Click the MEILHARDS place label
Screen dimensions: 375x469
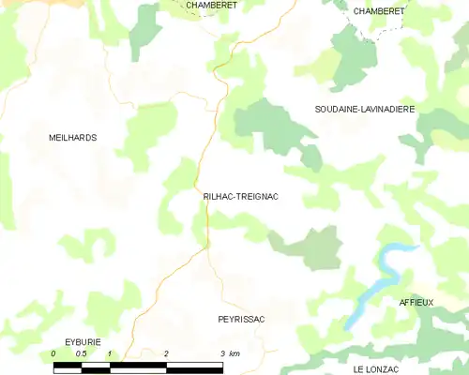[72, 138]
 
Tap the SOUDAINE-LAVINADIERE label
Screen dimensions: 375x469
[364, 110]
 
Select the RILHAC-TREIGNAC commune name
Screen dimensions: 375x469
[240, 197]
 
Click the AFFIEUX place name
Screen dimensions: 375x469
[416, 303]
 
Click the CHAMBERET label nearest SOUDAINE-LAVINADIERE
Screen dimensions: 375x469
[379, 10]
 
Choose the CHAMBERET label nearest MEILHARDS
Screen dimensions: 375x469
[211, 5]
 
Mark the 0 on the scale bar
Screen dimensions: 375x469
[53, 352]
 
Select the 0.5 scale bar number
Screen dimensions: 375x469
[82, 352]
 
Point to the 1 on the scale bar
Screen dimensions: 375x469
[110, 352]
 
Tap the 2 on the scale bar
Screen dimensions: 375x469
[166, 352]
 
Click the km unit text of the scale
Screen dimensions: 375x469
[235, 352]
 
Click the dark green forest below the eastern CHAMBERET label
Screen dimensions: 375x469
[352, 56]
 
